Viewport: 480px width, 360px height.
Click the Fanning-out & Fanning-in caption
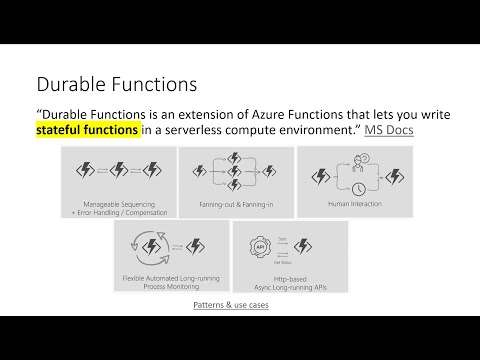(x=235, y=204)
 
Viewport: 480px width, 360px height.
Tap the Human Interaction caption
(x=353, y=204)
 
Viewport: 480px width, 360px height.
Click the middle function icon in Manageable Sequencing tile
(x=117, y=170)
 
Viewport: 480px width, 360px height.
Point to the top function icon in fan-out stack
(x=235, y=158)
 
